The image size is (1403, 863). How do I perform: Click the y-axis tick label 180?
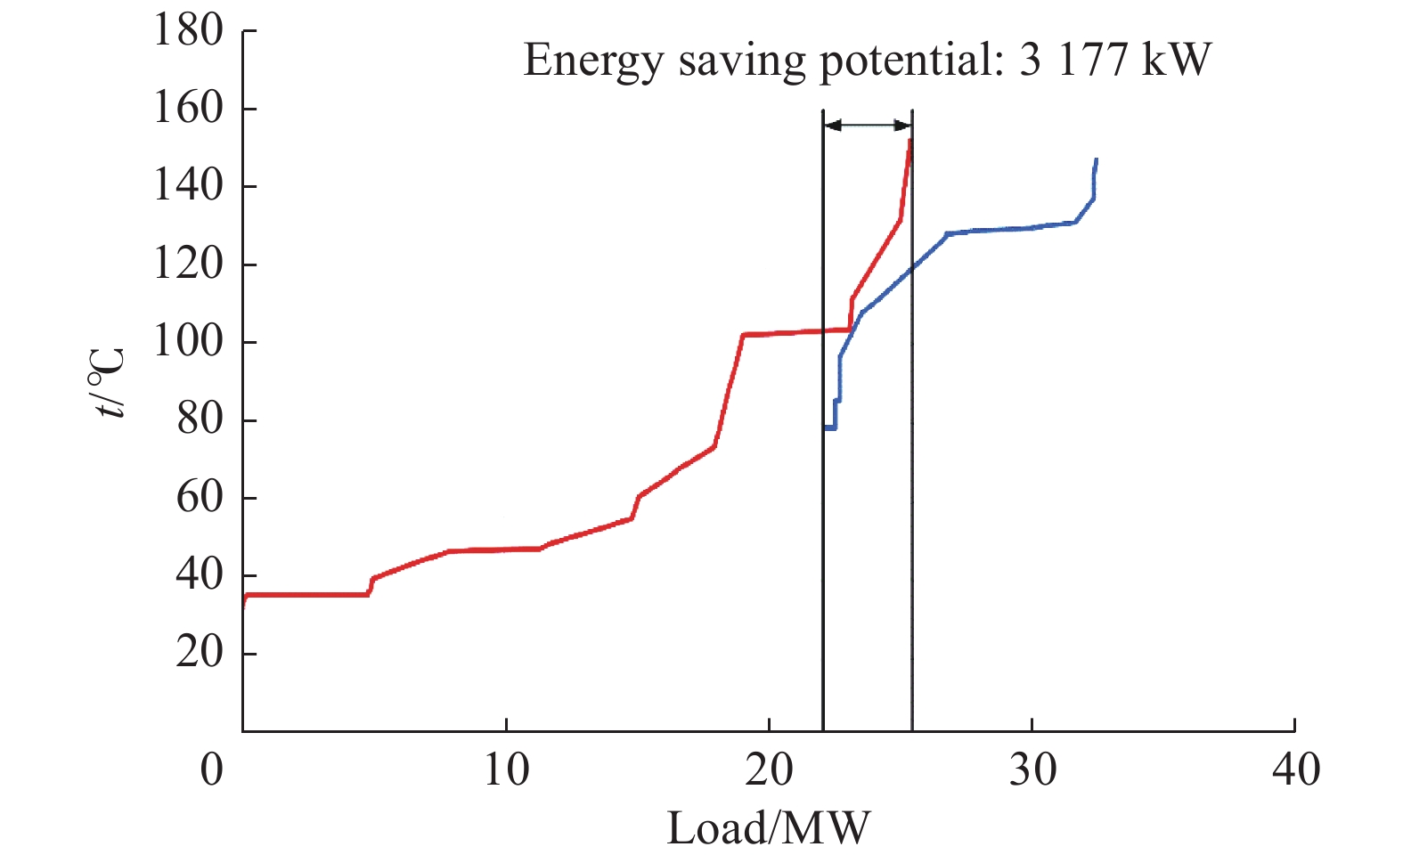(188, 31)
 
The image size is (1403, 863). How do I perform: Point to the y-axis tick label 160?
(188, 109)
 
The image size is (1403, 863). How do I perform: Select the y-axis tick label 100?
(188, 342)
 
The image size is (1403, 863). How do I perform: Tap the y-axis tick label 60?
(200, 498)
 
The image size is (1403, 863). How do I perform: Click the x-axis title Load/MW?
(768, 828)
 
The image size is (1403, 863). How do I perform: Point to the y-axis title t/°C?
(109, 383)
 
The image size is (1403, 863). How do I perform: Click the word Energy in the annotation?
(592, 61)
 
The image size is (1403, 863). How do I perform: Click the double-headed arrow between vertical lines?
(868, 126)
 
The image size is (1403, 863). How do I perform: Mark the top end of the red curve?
(910, 140)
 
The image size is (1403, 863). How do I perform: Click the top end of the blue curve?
(1096, 159)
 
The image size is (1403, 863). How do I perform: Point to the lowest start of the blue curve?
(826, 427)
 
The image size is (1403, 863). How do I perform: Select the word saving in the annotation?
(741, 61)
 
